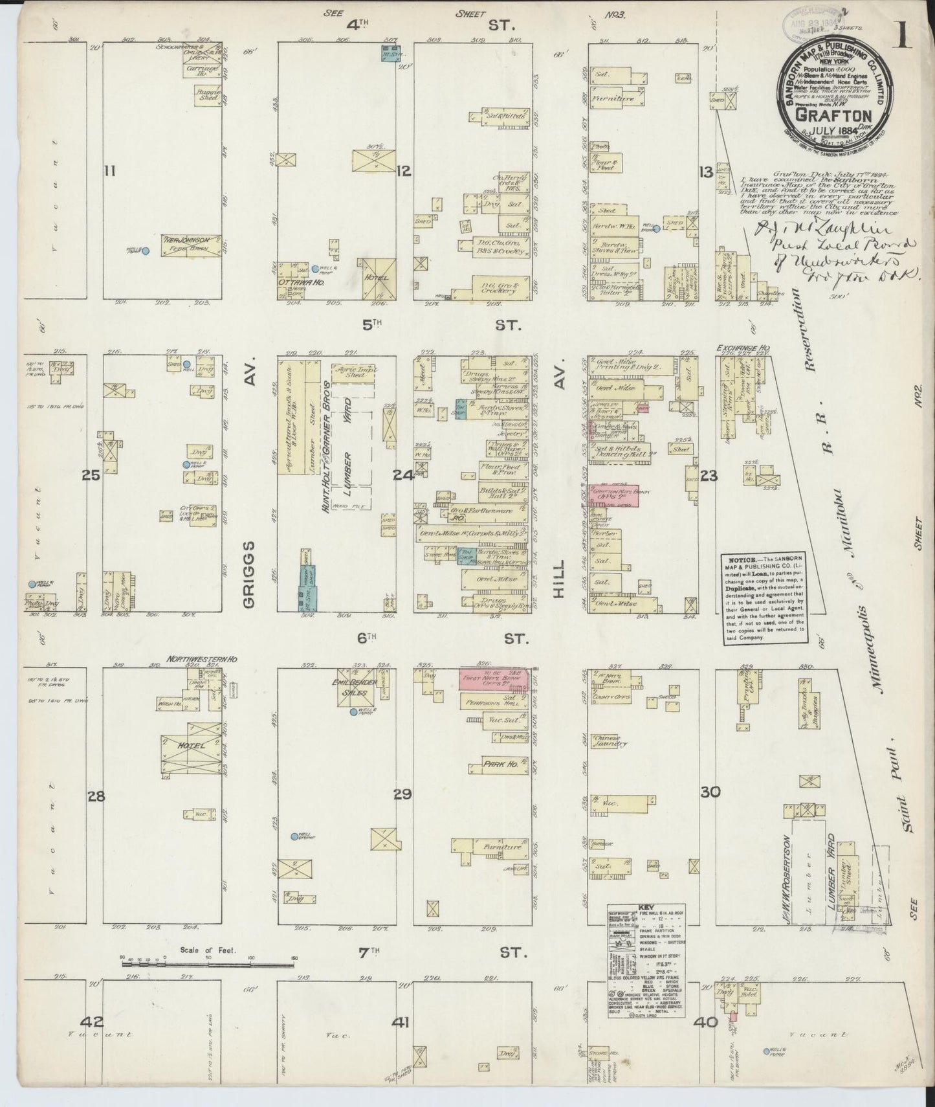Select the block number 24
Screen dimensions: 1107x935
403,476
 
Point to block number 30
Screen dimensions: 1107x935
710,791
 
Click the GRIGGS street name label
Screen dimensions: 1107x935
249,575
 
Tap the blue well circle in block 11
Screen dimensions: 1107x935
146,251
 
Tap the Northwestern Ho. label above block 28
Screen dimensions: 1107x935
203,658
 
